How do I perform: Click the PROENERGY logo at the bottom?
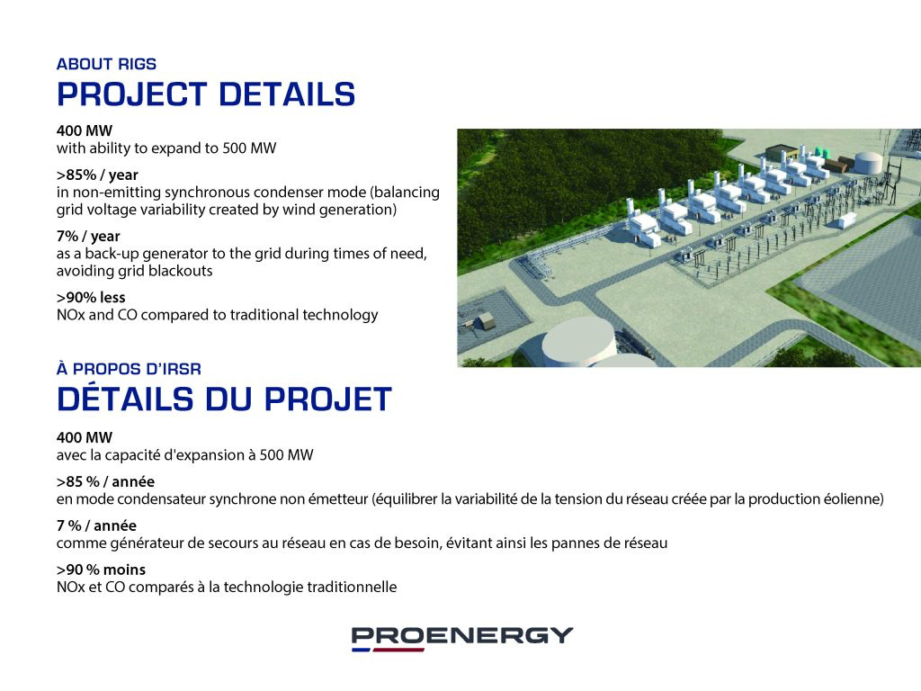click(461, 638)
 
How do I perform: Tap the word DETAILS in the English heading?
click(287, 94)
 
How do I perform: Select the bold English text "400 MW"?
click(84, 130)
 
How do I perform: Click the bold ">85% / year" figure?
click(97, 175)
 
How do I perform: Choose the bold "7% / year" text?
click(88, 237)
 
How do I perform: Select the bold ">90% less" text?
click(91, 297)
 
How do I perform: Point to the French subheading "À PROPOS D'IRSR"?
click(129, 369)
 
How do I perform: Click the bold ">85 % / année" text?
click(105, 482)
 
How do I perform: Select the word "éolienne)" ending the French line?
click(854, 499)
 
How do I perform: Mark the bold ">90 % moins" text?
click(101, 570)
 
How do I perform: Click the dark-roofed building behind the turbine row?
click(781, 151)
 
